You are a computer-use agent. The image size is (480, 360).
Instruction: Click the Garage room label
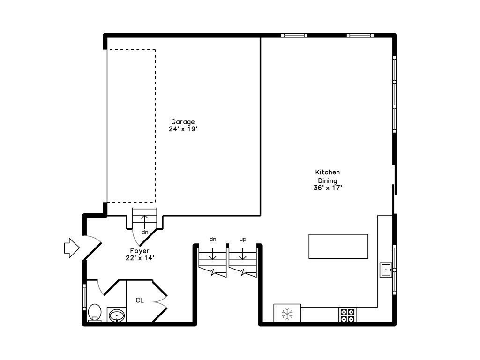coord(182,122)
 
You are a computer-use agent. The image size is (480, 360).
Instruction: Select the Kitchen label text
coord(327,172)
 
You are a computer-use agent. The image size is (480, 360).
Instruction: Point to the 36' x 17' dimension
coord(328,187)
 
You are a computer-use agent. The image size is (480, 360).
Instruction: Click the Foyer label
coord(140,251)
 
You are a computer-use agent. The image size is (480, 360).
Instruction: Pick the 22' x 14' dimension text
coord(140,258)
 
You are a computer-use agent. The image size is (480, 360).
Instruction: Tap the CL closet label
coord(140,300)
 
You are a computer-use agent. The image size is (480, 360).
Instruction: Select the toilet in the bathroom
coord(95,312)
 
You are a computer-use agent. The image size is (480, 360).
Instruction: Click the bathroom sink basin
coord(117,315)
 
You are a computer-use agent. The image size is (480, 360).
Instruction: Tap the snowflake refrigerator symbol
coord(287,314)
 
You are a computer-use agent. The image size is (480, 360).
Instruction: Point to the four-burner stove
coord(347,315)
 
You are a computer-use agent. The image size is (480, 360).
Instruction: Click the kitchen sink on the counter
coord(386,270)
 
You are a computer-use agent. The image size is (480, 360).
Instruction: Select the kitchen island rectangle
coord(338,246)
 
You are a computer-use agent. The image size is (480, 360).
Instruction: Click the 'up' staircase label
coord(243,240)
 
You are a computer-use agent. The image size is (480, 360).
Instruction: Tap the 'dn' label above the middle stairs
coord(213,240)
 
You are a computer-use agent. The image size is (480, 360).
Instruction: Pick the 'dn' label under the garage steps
coord(145,232)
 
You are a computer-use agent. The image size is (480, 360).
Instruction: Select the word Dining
coord(328,180)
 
